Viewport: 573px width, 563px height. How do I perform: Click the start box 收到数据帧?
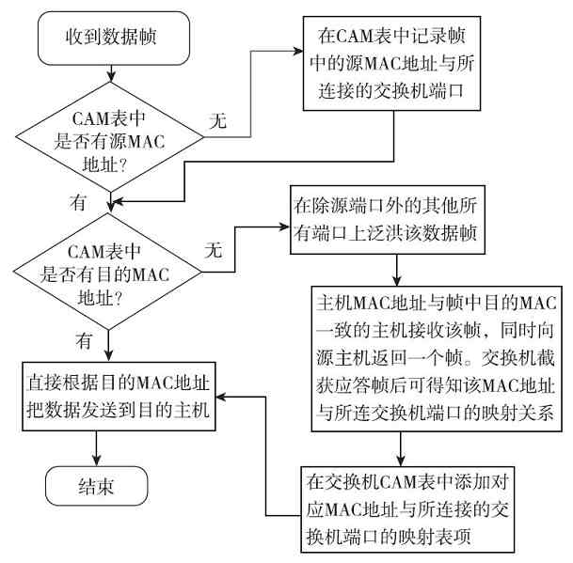click(111, 39)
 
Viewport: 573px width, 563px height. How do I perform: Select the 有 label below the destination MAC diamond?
click(86, 336)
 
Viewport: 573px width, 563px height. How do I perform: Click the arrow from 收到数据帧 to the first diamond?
click(111, 72)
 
